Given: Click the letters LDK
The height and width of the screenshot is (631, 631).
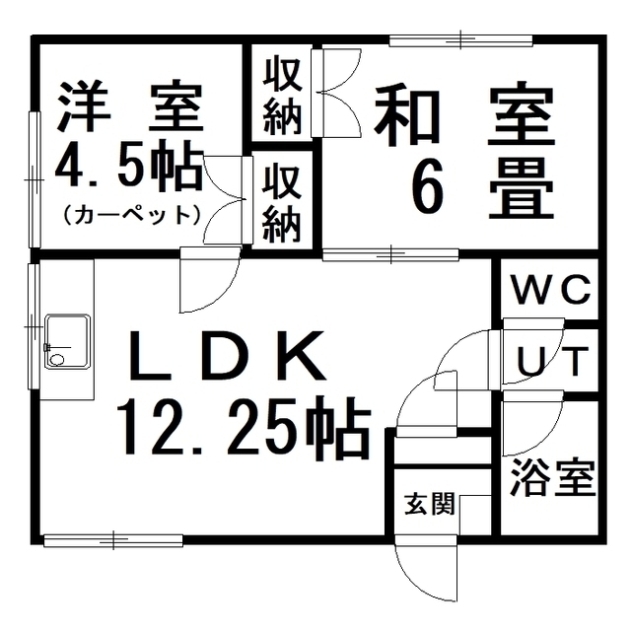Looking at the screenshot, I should coord(229,359).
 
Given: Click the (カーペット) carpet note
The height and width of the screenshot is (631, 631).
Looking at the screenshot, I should coord(131,213).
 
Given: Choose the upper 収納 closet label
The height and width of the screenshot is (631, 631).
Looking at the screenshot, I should coord(282,97).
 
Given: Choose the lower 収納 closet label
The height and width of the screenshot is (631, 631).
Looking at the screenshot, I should coord(282,202).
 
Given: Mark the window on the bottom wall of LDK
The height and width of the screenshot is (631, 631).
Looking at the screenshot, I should coord(113,539).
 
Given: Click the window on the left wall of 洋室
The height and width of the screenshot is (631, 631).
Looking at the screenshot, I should coord(35,178).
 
